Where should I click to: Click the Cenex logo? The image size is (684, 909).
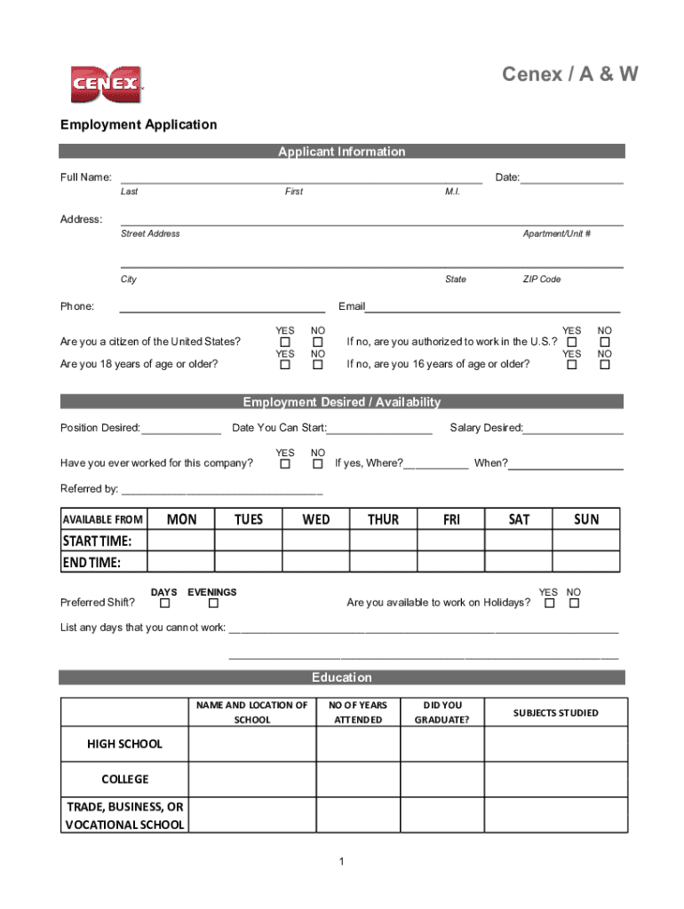tap(106, 83)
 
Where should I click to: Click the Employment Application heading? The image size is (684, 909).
tap(139, 124)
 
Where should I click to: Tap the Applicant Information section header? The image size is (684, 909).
tap(342, 152)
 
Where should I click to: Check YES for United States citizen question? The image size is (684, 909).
tap(285, 343)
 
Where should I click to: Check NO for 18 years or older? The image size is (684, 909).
tap(317, 365)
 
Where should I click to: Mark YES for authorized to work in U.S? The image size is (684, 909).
tap(572, 343)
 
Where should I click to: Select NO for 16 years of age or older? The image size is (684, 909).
tap(605, 365)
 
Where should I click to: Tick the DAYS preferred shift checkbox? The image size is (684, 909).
tap(163, 605)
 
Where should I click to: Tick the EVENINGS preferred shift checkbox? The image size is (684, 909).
tap(212, 605)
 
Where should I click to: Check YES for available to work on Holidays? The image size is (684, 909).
tap(549, 605)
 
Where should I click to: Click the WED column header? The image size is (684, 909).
tap(315, 519)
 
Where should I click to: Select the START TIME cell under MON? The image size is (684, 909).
tap(181, 541)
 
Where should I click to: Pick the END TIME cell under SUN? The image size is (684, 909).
tap(586, 563)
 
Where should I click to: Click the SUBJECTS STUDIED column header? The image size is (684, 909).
tap(555, 713)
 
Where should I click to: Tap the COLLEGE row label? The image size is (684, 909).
tap(124, 779)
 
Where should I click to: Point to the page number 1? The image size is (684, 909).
tap(342, 862)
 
